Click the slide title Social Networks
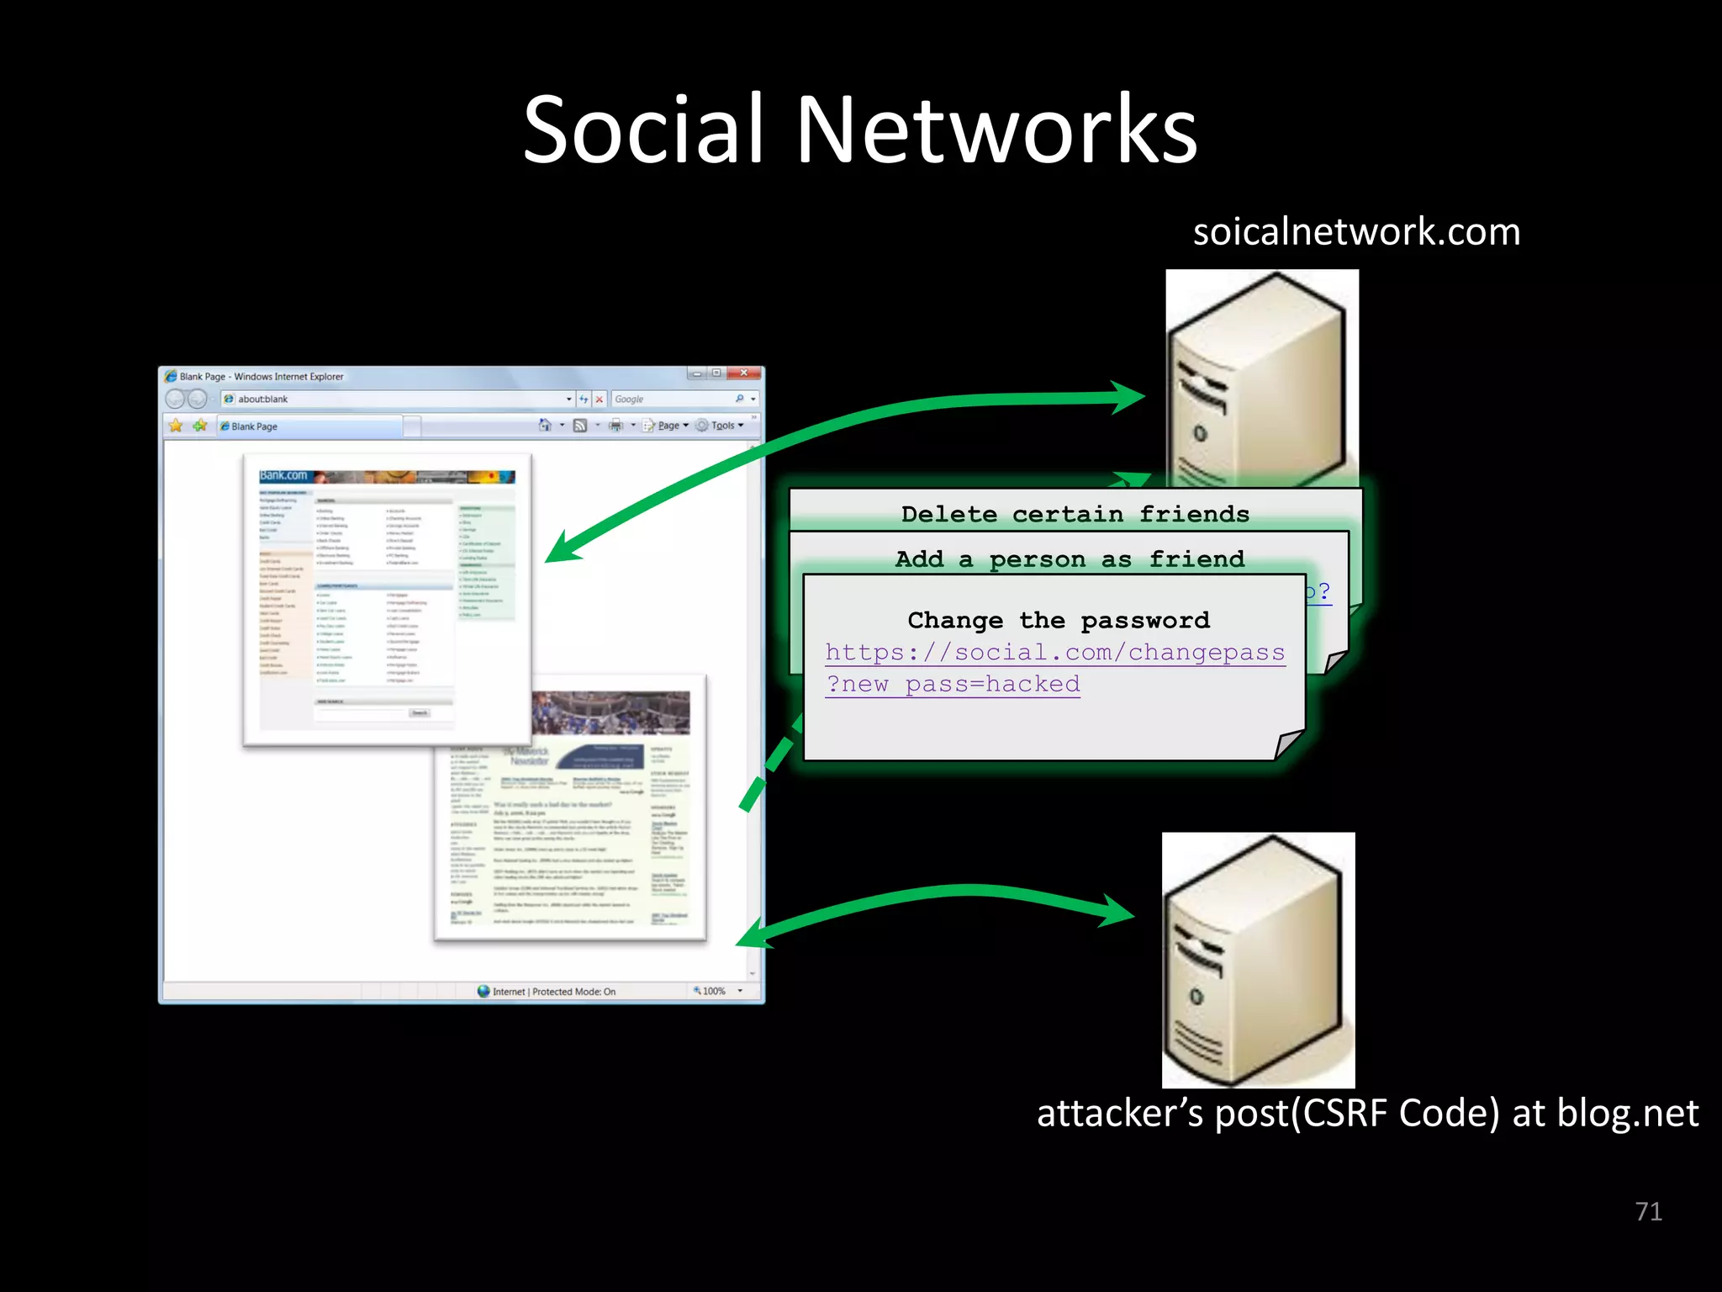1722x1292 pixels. [859, 130]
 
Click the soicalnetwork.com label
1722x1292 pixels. [1356, 231]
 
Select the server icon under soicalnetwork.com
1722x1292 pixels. [1261, 379]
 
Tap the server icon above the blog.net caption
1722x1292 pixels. [1258, 959]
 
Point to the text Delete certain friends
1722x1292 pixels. [1075, 514]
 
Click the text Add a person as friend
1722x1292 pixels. [1070, 559]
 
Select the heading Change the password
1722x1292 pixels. [1058, 621]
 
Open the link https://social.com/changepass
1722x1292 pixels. [1054, 653]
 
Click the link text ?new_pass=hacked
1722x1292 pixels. [953, 685]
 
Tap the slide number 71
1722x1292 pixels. [1648, 1211]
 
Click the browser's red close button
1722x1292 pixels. [744, 373]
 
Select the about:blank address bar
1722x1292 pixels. [395, 400]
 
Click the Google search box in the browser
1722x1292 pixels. [673, 400]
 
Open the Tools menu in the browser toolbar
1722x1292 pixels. [724, 426]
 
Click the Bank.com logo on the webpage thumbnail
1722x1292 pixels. [283, 476]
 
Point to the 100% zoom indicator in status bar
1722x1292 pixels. [713, 992]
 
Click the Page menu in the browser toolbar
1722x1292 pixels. [670, 426]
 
